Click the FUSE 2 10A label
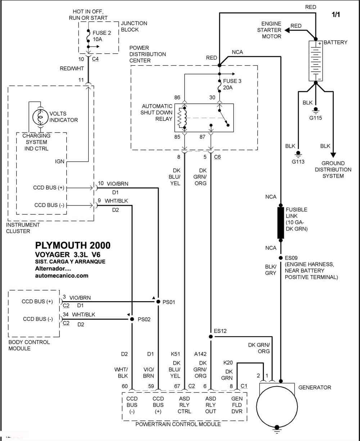tap(102, 36)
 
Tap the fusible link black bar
tap(280, 223)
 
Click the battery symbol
tap(316, 61)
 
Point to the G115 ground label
tap(315, 118)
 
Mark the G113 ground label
tap(298, 162)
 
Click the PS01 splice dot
tap(158, 302)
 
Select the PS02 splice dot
tap(132, 319)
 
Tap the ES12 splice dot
tap(211, 337)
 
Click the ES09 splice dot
tap(281, 258)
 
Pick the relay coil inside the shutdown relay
tap(181, 118)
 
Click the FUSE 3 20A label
tap(232, 84)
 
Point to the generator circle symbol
tap(277, 407)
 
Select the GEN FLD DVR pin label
tap(237, 405)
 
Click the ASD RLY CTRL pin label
tap(184, 405)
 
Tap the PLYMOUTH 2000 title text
tap(73, 245)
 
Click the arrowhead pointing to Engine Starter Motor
tap(287, 31)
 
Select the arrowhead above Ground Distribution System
tap(333, 155)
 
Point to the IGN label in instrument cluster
tap(59, 161)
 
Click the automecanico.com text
tap(62, 276)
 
